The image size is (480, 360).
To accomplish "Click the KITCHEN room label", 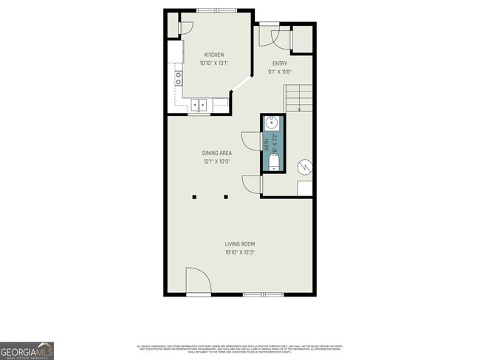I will coord(214,55).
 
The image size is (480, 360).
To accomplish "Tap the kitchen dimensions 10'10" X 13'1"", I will coord(214,63).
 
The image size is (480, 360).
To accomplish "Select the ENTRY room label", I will coord(280,64).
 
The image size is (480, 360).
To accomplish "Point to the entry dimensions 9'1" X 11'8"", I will coord(280,72).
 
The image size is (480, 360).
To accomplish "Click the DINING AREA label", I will coord(217,153).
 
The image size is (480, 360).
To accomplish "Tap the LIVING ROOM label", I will coord(240,244).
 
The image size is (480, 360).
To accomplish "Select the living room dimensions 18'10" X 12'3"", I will coord(240,252).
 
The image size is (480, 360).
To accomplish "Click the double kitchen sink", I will coord(199,105).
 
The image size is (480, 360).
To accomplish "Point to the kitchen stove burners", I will coord(178,78).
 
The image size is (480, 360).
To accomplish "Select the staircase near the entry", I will coord(299,97).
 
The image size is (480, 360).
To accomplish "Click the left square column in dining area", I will coord(194,197).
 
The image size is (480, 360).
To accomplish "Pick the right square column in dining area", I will coord(227,197).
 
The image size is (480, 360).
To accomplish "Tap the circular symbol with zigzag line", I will coord(306,169).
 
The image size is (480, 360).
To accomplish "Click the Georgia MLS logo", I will coord(27,350).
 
